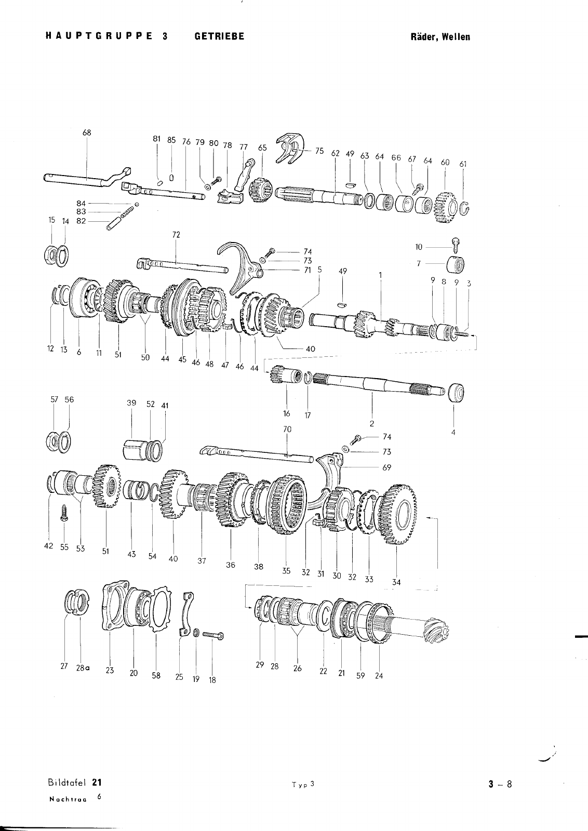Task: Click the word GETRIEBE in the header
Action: coord(219,36)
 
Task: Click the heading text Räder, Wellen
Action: coord(440,37)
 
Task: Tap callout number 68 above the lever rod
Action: coord(87,132)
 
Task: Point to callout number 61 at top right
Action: coord(463,164)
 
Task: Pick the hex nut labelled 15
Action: coord(52,254)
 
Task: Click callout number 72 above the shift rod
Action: coord(176,235)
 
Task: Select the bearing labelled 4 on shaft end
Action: coord(456,393)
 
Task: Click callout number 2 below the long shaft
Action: coord(372,424)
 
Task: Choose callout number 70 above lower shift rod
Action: coord(287,429)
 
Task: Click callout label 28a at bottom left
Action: coord(83,668)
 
